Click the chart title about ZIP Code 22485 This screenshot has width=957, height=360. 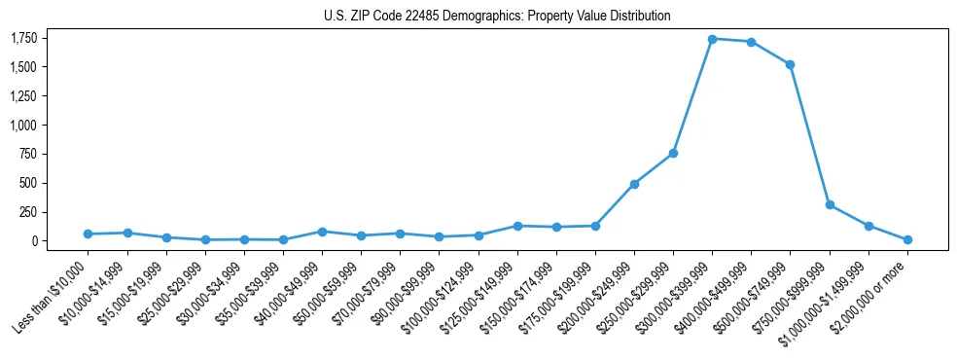[x=497, y=16]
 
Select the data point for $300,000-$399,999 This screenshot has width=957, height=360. [x=712, y=39]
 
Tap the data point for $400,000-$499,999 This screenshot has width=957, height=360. [x=751, y=42]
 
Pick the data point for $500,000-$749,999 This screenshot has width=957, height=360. [x=790, y=64]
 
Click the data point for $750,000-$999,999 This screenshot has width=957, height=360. [x=830, y=205]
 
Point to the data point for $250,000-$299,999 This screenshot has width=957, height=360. [x=673, y=153]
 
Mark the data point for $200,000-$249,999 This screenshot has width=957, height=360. [x=634, y=184]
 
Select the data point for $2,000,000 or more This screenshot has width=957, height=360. [x=907, y=239]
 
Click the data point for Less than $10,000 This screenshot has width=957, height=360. [x=88, y=234]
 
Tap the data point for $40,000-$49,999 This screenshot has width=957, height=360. [x=322, y=232]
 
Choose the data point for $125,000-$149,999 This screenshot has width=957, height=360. [x=517, y=226]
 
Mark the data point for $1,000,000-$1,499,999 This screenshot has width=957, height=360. [x=868, y=226]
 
